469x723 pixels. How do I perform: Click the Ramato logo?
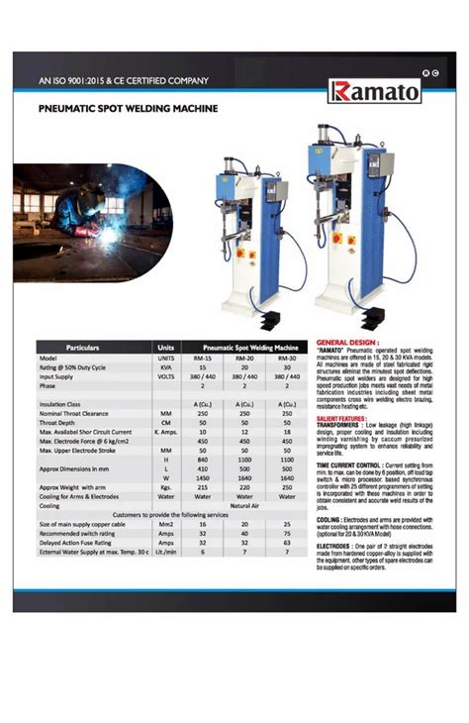375,91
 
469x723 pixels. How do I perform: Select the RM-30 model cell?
287,358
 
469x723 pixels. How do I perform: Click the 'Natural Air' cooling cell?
244,505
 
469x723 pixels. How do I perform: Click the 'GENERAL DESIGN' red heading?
347,342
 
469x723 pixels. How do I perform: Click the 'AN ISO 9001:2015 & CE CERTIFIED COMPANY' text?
124,80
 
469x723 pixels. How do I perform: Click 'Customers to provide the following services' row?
164,515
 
